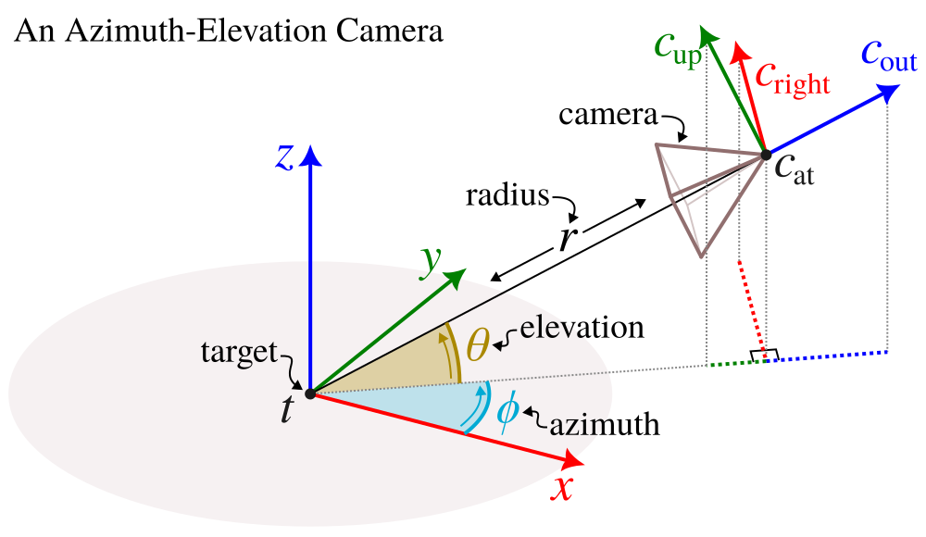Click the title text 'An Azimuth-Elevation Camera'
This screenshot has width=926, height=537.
[x=228, y=31]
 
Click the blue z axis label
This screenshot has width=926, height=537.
[x=284, y=158]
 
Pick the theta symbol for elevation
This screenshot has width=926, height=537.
[x=478, y=344]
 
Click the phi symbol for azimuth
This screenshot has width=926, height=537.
[x=507, y=409]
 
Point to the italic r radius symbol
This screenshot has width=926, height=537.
[x=568, y=239]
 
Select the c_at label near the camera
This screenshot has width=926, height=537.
[x=794, y=170]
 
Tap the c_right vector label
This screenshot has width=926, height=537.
[x=792, y=79]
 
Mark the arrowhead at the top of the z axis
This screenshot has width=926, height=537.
[x=310, y=155]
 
